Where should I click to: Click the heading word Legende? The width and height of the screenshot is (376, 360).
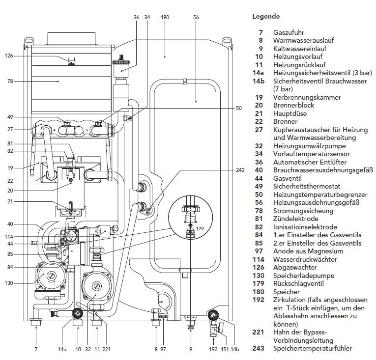point(266,17)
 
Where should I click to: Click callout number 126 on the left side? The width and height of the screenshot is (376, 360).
point(9,56)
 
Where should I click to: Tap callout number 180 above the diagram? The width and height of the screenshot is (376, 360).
point(165,17)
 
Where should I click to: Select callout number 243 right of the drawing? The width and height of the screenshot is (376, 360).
point(240,170)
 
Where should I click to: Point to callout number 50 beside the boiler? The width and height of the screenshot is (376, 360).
point(238,108)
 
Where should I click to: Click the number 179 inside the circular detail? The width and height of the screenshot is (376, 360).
point(200,228)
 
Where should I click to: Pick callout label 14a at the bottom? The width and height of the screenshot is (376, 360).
point(62,349)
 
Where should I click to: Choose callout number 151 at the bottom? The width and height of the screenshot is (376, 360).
point(225,349)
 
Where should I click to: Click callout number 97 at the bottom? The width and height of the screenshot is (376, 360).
point(163,349)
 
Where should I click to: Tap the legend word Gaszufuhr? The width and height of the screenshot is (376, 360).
point(289,32)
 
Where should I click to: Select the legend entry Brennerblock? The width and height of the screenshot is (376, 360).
point(293,105)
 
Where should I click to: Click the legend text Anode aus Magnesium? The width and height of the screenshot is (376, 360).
point(308,251)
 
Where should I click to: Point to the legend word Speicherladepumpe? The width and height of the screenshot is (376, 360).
point(304,276)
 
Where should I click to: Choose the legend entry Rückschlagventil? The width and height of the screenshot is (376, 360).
point(298,283)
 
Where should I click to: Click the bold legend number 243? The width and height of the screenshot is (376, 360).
point(258,348)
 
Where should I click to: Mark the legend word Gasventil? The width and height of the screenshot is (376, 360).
point(287,178)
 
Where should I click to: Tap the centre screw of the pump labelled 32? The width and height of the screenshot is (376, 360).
point(97,286)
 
